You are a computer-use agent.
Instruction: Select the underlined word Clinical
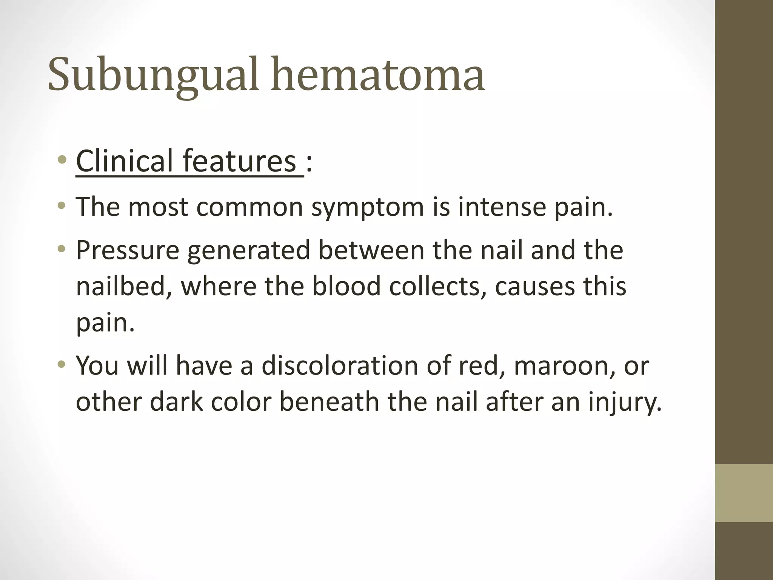point(125,161)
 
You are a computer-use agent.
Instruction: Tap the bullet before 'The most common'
point(62,207)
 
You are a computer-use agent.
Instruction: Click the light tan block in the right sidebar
point(744,493)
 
